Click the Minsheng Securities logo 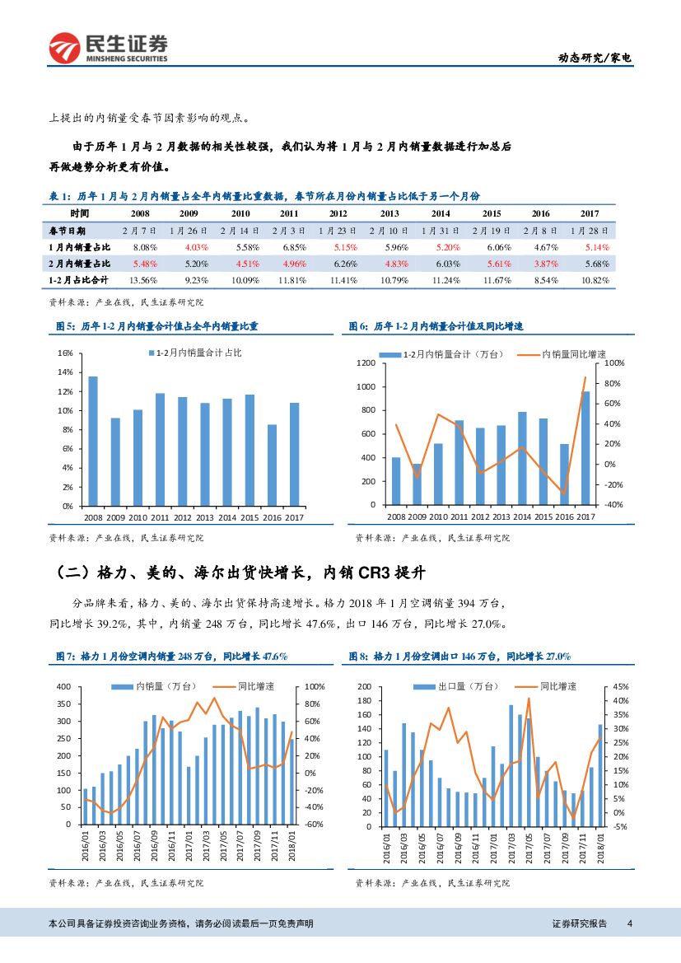click(108, 49)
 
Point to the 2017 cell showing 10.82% click(595, 280)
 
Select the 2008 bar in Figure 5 click(93, 441)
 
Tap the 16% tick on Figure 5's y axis click(67, 353)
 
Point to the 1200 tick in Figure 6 click(366, 363)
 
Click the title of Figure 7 click(170, 657)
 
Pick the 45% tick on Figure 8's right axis click(622, 686)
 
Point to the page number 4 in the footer click(629, 924)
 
